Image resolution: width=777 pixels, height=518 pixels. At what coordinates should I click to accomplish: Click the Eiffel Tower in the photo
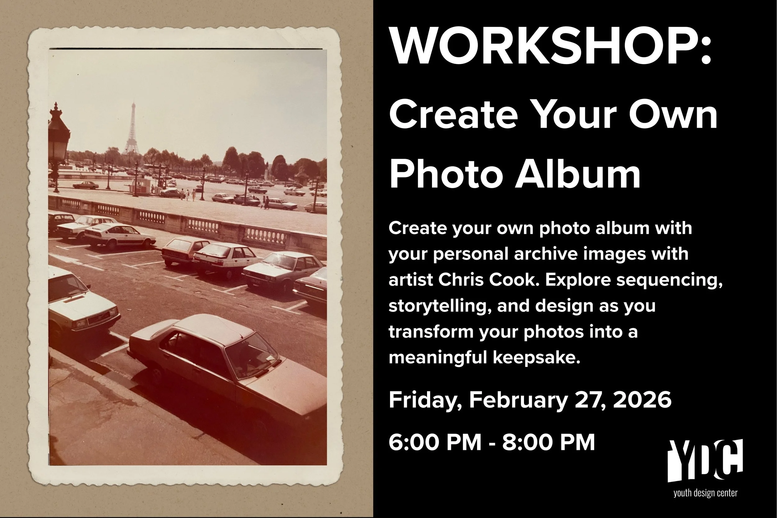click(132, 131)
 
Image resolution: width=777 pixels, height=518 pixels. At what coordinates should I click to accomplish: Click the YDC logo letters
click(705, 461)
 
